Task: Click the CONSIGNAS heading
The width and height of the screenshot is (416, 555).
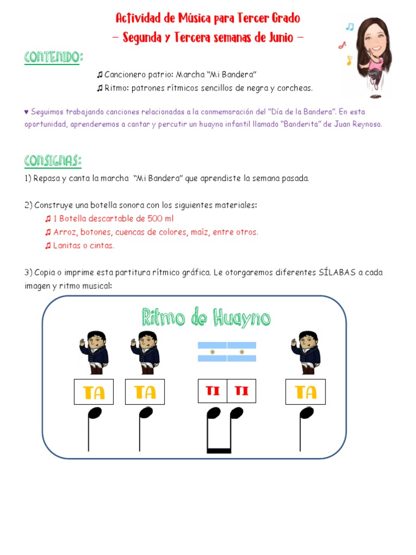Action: pyautogui.click(x=53, y=160)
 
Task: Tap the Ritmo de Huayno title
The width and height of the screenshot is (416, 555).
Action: pyautogui.click(x=206, y=318)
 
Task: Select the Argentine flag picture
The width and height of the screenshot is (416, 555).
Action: pyautogui.click(x=226, y=351)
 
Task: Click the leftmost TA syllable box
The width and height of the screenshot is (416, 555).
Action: pyautogui.click(x=94, y=392)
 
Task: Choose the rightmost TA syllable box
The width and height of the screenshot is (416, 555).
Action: pyautogui.click(x=305, y=392)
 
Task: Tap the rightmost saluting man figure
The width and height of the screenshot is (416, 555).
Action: pyautogui.click(x=306, y=352)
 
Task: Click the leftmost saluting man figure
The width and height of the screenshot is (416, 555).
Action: pyautogui.click(x=95, y=352)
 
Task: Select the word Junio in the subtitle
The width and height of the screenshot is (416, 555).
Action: pyautogui.click(x=279, y=38)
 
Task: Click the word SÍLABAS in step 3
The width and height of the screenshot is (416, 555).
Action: pyautogui.click(x=334, y=272)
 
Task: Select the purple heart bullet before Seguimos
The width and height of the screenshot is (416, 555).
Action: pyautogui.click(x=26, y=112)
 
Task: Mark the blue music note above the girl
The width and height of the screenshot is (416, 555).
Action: pyautogui.click(x=350, y=26)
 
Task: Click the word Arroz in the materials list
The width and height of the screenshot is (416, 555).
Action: pyautogui.click(x=64, y=232)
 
